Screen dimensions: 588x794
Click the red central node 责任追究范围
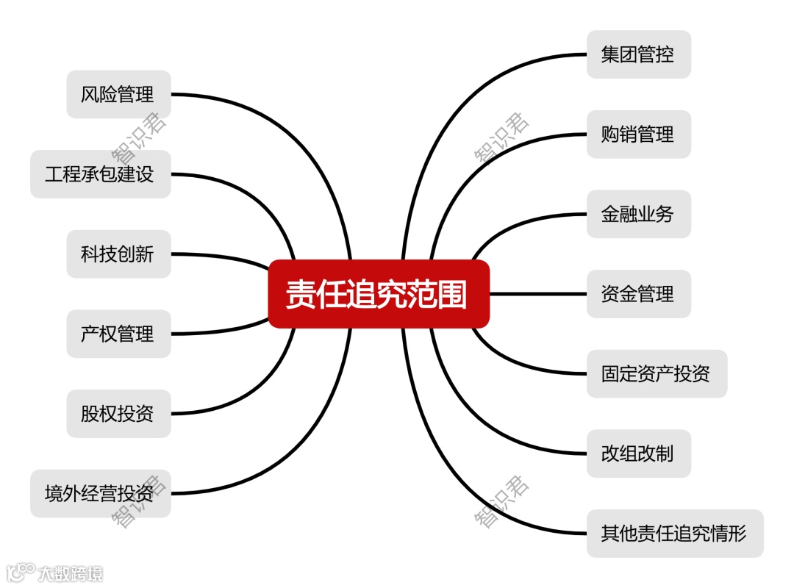pyautogui.click(x=378, y=294)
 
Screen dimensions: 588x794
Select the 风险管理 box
pyautogui.click(x=118, y=94)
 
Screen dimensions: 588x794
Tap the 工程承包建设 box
pyautogui.click(x=100, y=174)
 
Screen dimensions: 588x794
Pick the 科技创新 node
pyautogui.click(x=118, y=254)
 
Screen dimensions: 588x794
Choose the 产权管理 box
pyautogui.click(x=118, y=334)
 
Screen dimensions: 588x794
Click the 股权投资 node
pyautogui.click(x=118, y=414)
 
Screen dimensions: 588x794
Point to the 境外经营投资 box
pyautogui.click(x=100, y=493)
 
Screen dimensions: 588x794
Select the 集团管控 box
pyautogui.click(x=638, y=54)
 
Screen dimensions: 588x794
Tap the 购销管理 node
pyautogui.click(x=638, y=135)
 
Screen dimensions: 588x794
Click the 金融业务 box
pyautogui.click(x=638, y=214)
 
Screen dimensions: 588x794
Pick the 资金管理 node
pyautogui.click(x=638, y=294)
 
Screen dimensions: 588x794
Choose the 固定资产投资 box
pyautogui.click(x=657, y=373)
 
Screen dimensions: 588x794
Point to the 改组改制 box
pyautogui.click(x=638, y=453)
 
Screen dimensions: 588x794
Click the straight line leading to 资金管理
pyautogui.click(x=537, y=294)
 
